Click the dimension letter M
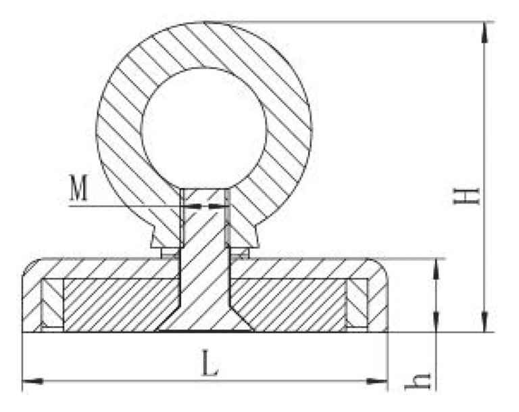click(78, 190)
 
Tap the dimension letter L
click(210, 366)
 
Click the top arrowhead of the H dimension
click(484, 31)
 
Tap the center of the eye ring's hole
click(204, 127)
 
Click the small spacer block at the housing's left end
click(51, 303)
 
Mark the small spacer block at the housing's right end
click(357, 303)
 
